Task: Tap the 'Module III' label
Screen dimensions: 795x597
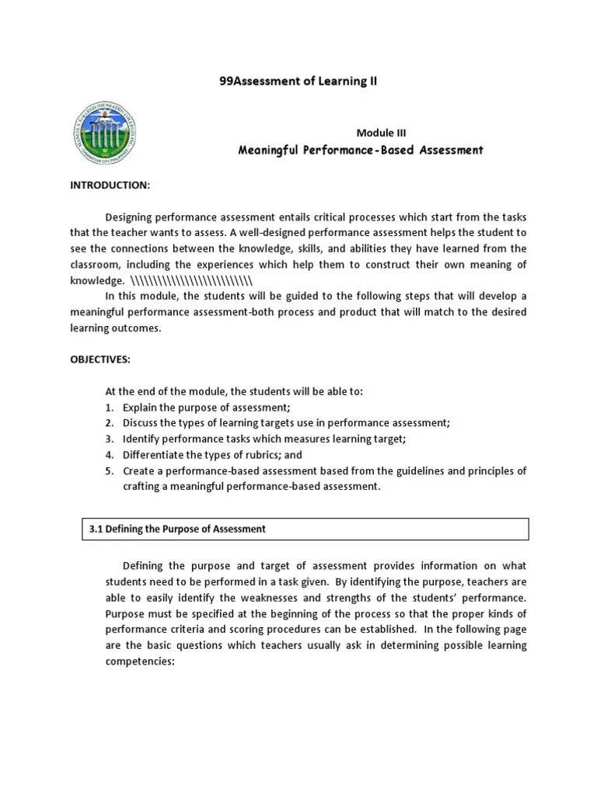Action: point(381,133)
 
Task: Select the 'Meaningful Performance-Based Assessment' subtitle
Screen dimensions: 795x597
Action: point(360,150)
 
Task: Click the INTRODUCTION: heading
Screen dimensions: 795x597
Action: point(110,186)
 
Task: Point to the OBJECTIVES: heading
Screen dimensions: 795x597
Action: point(100,359)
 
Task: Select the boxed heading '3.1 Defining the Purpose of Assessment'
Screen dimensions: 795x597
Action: point(177,529)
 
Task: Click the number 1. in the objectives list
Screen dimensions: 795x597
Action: point(110,408)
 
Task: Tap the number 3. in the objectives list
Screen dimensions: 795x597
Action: point(110,439)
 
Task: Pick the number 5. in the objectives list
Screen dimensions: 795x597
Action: point(110,470)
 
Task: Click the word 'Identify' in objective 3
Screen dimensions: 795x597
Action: point(141,439)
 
